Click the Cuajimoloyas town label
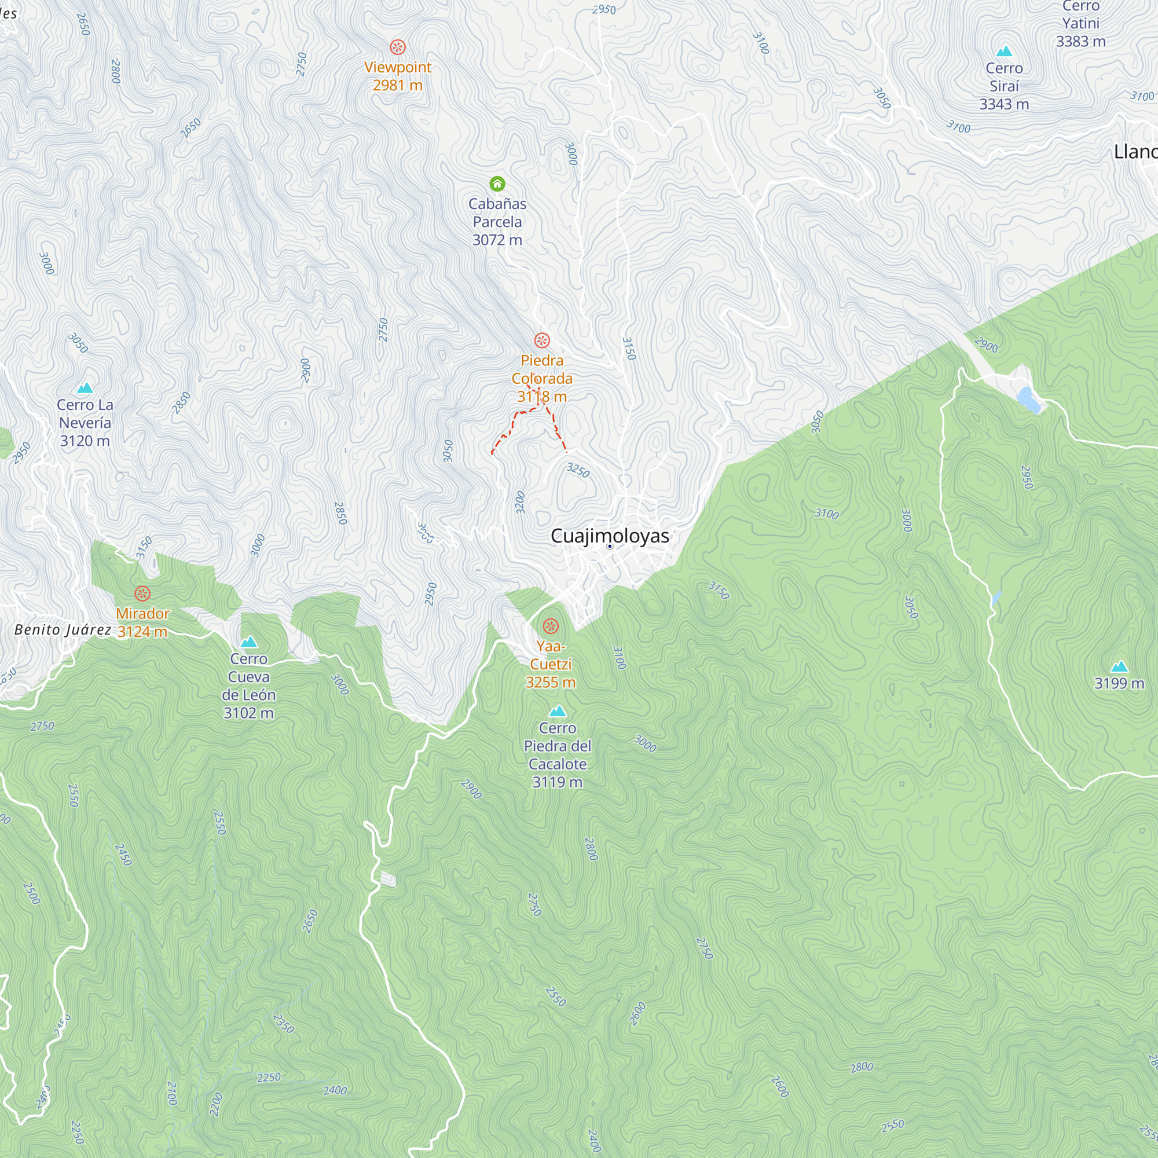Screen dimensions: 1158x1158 click(610, 535)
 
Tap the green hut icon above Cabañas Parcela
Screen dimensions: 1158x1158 click(497, 184)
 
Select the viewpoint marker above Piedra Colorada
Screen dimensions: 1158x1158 click(542, 340)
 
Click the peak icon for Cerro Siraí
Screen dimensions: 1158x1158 click(1004, 52)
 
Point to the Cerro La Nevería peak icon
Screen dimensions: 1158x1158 click(85, 388)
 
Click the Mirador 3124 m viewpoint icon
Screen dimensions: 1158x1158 click(142, 593)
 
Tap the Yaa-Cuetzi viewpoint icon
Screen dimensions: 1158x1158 click(550, 626)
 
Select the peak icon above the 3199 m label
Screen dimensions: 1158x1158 click(1119, 666)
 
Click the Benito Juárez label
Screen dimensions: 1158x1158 click(63, 629)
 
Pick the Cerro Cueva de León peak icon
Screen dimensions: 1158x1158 click(249, 642)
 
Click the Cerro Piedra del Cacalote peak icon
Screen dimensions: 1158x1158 click(558, 711)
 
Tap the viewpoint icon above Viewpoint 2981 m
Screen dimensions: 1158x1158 click(397, 47)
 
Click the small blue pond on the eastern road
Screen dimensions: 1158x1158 click(1028, 400)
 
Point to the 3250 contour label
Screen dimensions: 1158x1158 click(578, 470)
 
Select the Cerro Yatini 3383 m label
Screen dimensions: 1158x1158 click(1080, 24)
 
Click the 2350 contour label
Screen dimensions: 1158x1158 click(284, 1023)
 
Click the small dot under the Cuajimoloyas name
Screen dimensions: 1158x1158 click(610, 546)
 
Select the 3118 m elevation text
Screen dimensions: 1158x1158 click(542, 396)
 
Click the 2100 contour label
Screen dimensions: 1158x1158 click(172, 1093)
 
